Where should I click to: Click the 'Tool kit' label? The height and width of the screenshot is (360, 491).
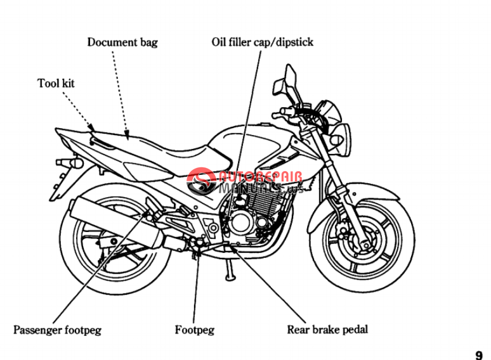[x=56, y=83]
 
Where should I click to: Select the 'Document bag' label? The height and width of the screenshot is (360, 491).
[x=122, y=42]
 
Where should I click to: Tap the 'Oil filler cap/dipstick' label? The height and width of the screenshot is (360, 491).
[x=262, y=42]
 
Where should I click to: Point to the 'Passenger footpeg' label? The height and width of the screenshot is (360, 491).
[x=57, y=330]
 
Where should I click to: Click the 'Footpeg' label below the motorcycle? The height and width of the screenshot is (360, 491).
[x=194, y=330]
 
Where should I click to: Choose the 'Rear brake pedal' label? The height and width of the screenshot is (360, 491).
[x=327, y=329]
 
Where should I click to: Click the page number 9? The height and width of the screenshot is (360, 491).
[x=478, y=355]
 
